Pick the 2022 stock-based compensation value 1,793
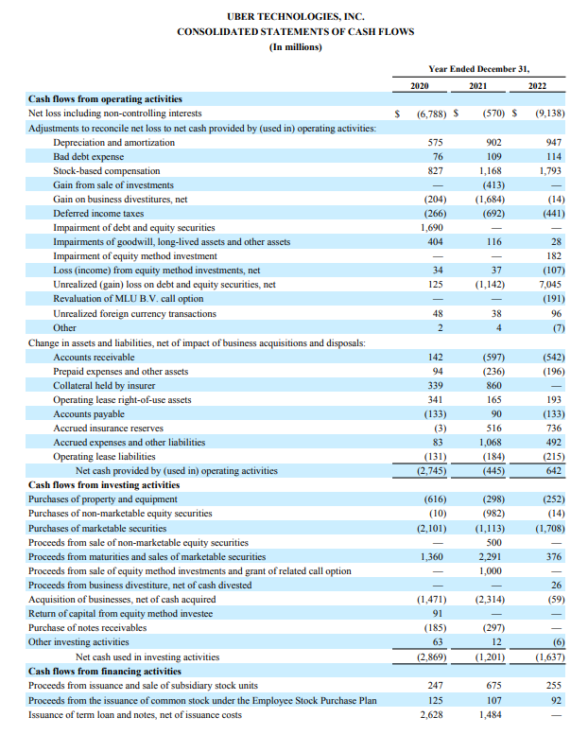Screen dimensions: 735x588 [x=549, y=171]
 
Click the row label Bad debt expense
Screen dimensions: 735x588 [x=88, y=157]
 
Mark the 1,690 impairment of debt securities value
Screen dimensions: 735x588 [x=430, y=228]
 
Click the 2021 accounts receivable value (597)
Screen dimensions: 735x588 [x=490, y=357]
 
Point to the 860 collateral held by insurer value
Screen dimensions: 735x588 [x=493, y=385]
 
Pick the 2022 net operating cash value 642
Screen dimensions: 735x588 [x=553, y=470]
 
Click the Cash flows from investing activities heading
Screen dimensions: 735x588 [x=104, y=485]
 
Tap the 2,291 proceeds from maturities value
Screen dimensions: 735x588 [x=490, y=556]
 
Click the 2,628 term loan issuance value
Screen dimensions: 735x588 [x=431, y=714]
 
